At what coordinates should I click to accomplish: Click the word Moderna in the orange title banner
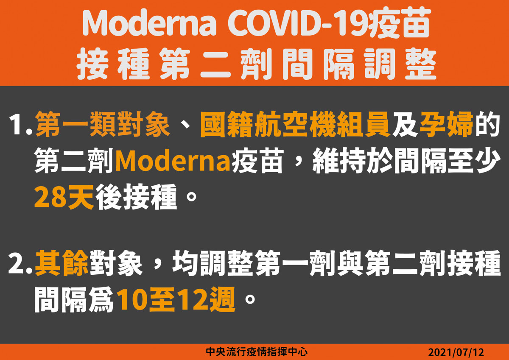click(x=149, y=24)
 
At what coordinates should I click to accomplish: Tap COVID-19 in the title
click(x=298, y=24)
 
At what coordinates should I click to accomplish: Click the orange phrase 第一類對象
click(x=103, y=124)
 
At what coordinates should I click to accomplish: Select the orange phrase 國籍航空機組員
click(x=295, y=124)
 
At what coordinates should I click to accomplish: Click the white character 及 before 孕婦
click(x=405, y=124)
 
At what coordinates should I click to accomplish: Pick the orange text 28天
click(x=64, y=196)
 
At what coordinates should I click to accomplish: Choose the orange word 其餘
click(x=62, y=263)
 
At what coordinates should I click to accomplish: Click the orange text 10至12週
click(x=176, y=299)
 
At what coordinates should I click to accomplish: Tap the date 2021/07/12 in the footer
click(x=456, y=352)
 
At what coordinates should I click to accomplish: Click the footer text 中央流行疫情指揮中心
click(x=257, y=352)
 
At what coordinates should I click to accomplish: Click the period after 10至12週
click(x=250, y=299)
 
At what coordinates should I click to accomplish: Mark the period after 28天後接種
click(x=191, y=196)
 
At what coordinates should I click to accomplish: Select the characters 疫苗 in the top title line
click(x=400, y=24)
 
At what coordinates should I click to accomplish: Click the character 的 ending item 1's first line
click(x=487, y=124)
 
